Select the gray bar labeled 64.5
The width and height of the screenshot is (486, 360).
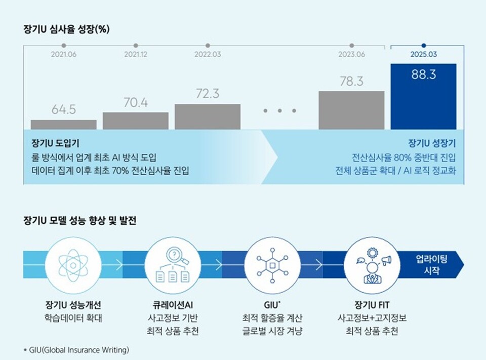click(x=63, y=125)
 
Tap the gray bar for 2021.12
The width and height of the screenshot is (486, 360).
click(x=136, y=121)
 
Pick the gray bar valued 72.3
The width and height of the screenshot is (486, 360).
click(x=208, y=117)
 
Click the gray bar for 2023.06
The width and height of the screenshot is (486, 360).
click(x=351, y=110)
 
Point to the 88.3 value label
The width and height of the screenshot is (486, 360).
click(x=423, y=74)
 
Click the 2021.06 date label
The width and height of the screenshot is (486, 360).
click(x=64, y=54)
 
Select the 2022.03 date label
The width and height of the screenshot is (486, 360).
click(x=208, y=54)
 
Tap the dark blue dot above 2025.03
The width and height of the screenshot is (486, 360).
click(x=424, y=45)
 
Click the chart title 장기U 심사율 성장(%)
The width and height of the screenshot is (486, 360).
click(x=66, y=29)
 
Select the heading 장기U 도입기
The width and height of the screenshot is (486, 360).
click(x=55, y=143)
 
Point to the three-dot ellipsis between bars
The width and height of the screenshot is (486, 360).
click(x=279, y=110)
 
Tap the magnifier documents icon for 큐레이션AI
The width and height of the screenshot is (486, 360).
click(x=172, y=264)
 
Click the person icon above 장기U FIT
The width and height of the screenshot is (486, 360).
click(x=374, y=264)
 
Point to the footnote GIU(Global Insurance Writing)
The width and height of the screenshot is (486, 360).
click(x=76, y=350)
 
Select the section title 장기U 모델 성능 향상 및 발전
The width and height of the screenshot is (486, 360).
click(x=79, y=221)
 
